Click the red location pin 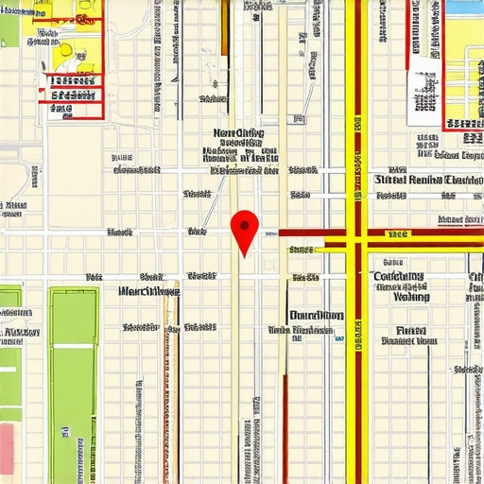(245, 227)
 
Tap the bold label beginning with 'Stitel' (428, 179)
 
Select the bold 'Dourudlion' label (317, 316)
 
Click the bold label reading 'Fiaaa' (410, 330)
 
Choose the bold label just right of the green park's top (149, 291)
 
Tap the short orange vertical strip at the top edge (224, 26)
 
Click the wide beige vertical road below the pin (235, 378)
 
